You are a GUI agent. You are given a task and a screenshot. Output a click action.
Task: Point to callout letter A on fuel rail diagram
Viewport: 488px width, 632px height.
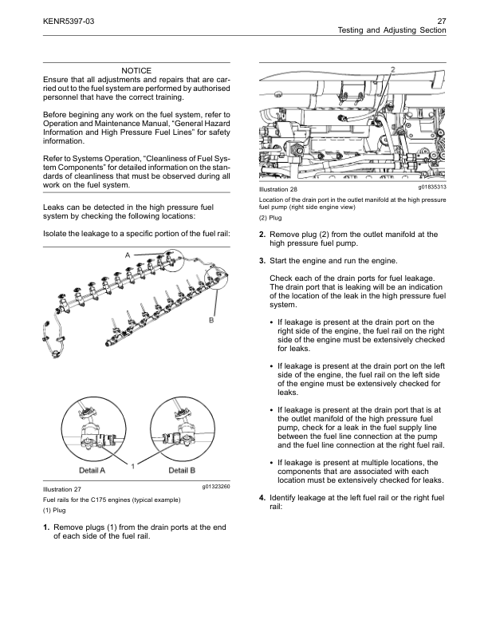point(128,253)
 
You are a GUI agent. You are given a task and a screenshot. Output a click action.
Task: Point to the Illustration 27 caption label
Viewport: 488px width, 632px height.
point(62,488)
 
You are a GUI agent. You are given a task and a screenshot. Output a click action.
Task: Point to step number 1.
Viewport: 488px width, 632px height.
point(46,527)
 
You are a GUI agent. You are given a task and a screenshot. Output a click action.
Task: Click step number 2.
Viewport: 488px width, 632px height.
point(262,234)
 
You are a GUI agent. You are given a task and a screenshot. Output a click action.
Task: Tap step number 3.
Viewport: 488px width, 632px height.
point(262,261)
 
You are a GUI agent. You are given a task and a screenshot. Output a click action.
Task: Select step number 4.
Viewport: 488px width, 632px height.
point(262,497)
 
